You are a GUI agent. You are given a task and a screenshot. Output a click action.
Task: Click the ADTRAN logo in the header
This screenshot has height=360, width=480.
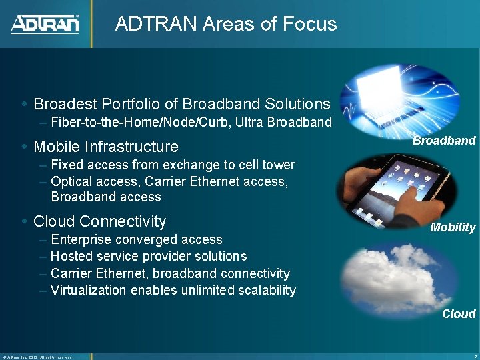pyautogui.click(x=45, y=24)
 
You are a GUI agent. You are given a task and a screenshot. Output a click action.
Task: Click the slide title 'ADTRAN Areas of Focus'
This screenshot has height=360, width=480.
pyautogui.click(x=226, y=24)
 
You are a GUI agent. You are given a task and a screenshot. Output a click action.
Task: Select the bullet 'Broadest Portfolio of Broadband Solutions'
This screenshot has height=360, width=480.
pyautogui.click(x=181, y=104)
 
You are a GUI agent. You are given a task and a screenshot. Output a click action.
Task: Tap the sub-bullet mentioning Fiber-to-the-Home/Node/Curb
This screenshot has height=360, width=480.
pyautogui.click(x=191, y=122)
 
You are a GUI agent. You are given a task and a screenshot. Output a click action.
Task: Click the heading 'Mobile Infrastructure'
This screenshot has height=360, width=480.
pyautogui.click(x=106, y=147)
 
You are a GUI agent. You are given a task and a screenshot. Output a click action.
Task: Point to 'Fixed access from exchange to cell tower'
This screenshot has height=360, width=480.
pyautogui.click(x=173, y=165)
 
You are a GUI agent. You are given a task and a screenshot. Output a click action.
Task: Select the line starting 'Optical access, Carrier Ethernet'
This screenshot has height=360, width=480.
pyautogui.click(x=169, y=181)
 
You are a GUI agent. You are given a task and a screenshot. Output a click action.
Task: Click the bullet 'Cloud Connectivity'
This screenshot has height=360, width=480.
pyautogui.click(x=99, y=221)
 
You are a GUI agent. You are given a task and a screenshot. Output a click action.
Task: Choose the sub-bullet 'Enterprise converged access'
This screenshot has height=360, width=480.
pyautogui.click(x=137, y=239)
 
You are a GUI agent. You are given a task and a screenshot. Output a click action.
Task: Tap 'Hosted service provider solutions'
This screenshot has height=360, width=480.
pyautogui.click(x=149, y=256)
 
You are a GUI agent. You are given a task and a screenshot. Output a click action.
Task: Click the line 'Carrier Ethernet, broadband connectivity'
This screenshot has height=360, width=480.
pyautogui.click(x=170, y=273)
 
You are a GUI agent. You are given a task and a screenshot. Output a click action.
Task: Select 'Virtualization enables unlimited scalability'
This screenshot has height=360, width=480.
pyautogui.click(x=173, y=290)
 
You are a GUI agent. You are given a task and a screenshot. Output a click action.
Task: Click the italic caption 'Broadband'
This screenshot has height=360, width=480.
pyautogui.click(x=444, y=141)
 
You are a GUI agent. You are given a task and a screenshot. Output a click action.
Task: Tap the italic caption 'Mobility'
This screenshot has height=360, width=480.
pyautogui.click(x=453, y=227)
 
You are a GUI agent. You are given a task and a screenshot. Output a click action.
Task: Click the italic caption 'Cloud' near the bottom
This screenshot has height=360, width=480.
pyautogui.click(x=459, y=314)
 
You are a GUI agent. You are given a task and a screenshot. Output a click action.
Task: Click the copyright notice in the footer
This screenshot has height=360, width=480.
pyautogui.click(x=37, y=357)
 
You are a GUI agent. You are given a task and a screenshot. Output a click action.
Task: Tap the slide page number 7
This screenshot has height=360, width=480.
pyautogui.click(x=473, y=357)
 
